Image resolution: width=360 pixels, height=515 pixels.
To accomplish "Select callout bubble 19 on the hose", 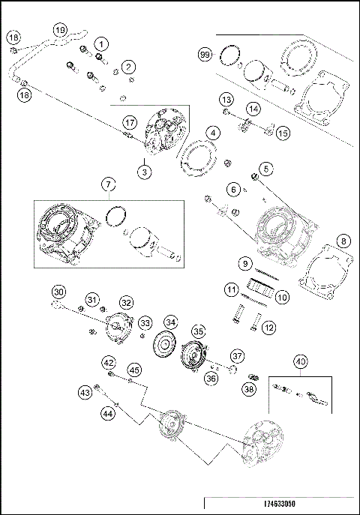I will pyautogui.click(x=61, y=30).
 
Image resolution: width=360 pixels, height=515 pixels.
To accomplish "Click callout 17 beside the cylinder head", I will pyautogui.click(x=130, y=121).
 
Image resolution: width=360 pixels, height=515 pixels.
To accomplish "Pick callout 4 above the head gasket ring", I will pyautogui.click(x=214, y=133).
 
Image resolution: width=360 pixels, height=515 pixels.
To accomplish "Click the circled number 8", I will pyautogui.click(x=343, y=241).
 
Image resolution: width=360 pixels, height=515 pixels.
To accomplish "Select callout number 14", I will pyautogui.click(x=254, y=109).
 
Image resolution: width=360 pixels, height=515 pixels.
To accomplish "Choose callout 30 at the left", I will pyautogui.click(x=58, y=292).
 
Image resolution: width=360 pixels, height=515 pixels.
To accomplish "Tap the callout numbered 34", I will pyautogui.click(x=171, y=322).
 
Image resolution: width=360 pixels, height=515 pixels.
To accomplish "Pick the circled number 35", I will pyautogui.click(x=198, y=331).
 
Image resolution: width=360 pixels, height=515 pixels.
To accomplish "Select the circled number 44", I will pyautogui.click(x=109, y=412).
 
